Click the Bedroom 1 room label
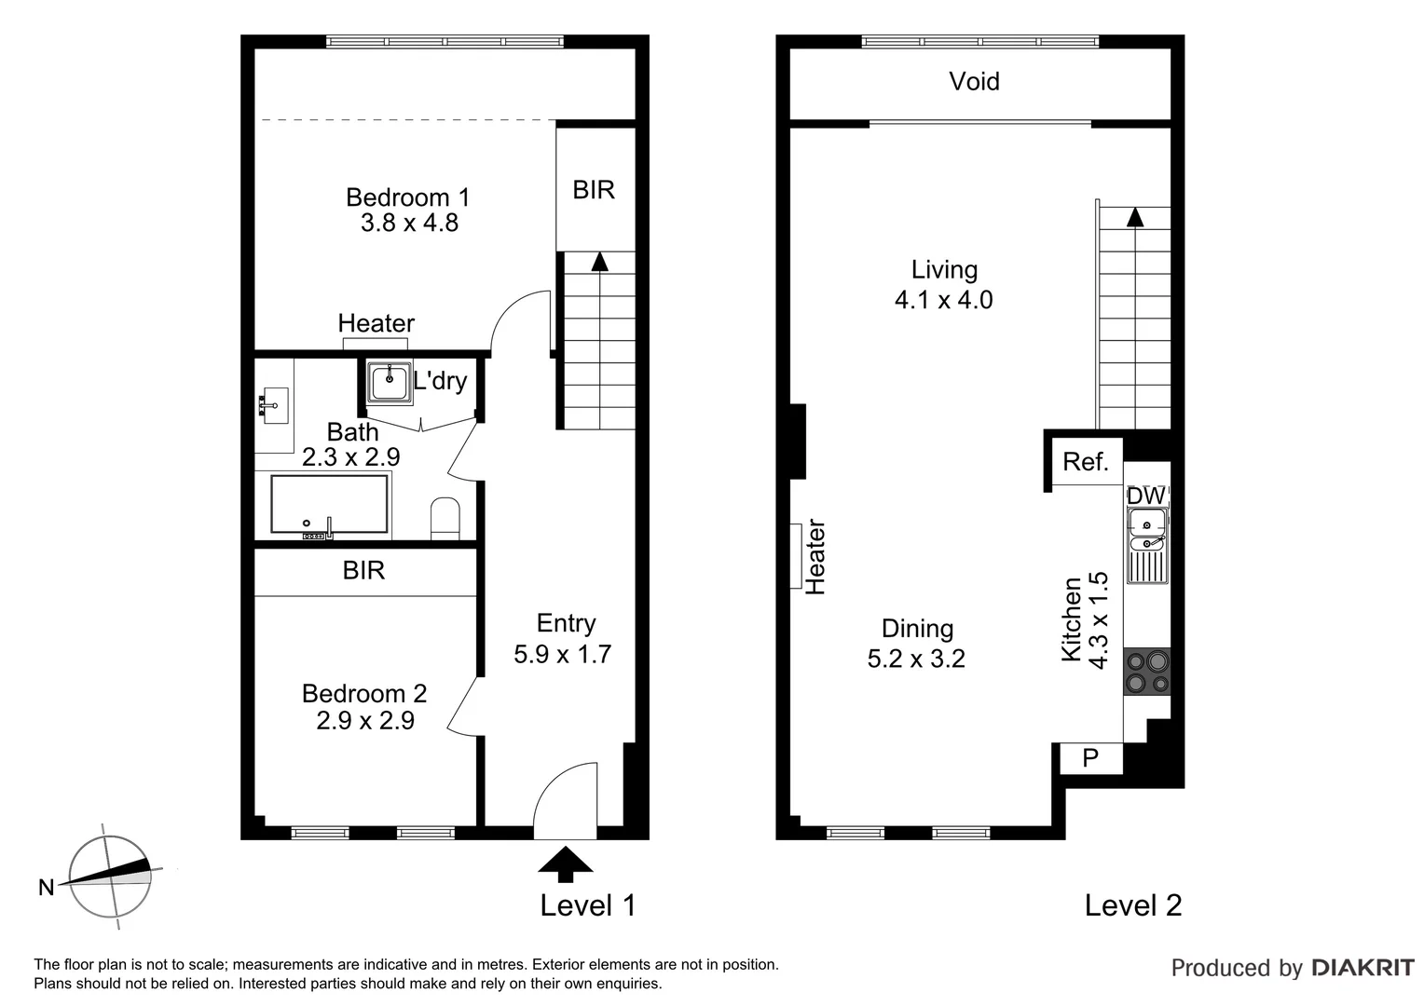pos(407,197)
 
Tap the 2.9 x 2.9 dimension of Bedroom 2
pos(365,720)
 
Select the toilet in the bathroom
pos(445,518)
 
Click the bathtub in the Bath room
pos(329,505)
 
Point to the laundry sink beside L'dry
pos(389,383)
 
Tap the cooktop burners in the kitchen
pos(1146,672)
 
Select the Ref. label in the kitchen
pos(1086,462)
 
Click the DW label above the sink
pos(1145,496)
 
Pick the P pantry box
pos(1090,759)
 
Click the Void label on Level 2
pos(974,82)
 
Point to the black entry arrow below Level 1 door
pos(565,863)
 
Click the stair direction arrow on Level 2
pos(1134,217)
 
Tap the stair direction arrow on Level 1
pos(599,262)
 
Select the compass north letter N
pos(46,888)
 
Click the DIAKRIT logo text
pos(1362,968)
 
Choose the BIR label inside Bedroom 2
pos(363,570)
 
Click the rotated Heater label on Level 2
pos(815,557)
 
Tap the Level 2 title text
pos(1132,905)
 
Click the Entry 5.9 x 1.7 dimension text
pos(562,654)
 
